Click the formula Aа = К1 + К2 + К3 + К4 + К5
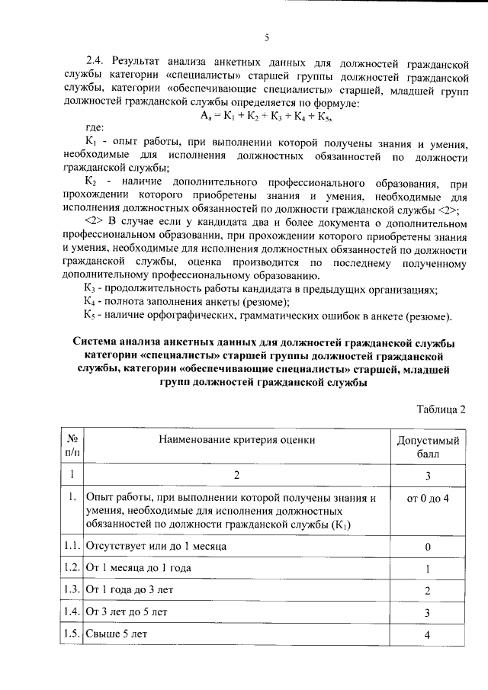click(266, 116)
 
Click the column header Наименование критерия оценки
click(236, 439)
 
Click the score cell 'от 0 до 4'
click(428, 499)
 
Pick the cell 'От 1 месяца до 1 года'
click(138, 568)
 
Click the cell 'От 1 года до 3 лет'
click(132, 590)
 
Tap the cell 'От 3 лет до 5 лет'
click(127, 612)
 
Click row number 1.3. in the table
click(73, 590)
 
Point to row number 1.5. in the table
click(73, 634)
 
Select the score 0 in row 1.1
click(428, 547)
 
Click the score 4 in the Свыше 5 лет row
click(428, 634)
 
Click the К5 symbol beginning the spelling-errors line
click(90, 316)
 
